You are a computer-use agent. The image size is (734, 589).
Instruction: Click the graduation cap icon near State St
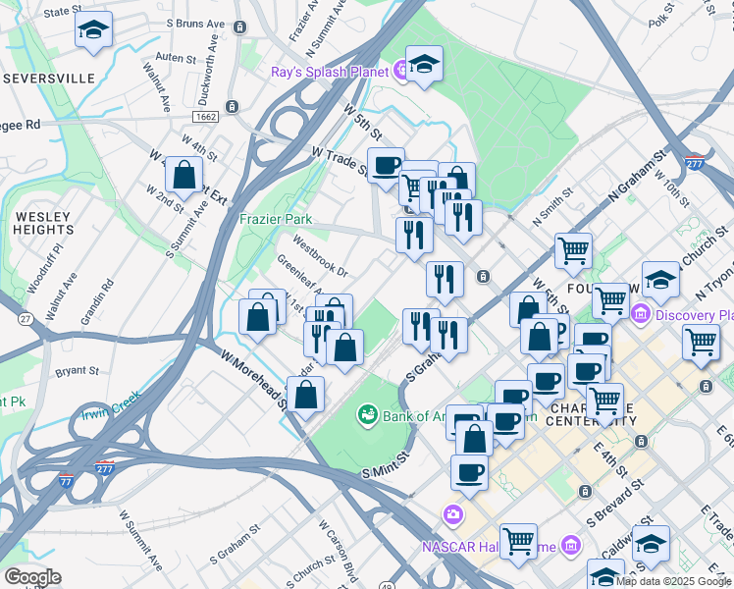[93, 31]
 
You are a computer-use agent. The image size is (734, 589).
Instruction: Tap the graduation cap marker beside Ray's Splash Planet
[424, 66]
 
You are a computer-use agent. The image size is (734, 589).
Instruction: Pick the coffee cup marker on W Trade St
[386, 165]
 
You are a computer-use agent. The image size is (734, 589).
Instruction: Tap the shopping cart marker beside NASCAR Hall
[518, 542]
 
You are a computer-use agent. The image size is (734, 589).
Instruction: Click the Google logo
[32, 577]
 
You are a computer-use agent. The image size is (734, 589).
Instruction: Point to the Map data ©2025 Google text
[673, 581]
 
